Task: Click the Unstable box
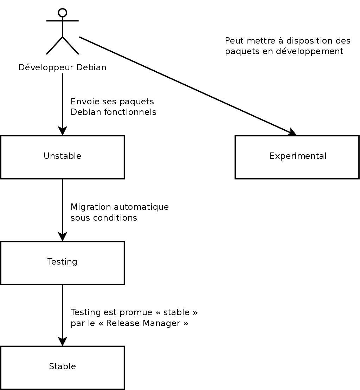click(62, 157)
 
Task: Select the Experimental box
click(297, 157)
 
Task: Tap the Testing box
click(62, 262)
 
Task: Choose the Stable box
click(62, 367)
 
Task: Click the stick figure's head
click(63, 13)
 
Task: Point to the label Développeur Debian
click(62, 67)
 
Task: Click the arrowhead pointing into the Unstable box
click(63, 131)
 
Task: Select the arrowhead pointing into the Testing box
click(63, 236)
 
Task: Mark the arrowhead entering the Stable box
click(63, 341)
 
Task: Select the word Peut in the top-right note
click(232, 41)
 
